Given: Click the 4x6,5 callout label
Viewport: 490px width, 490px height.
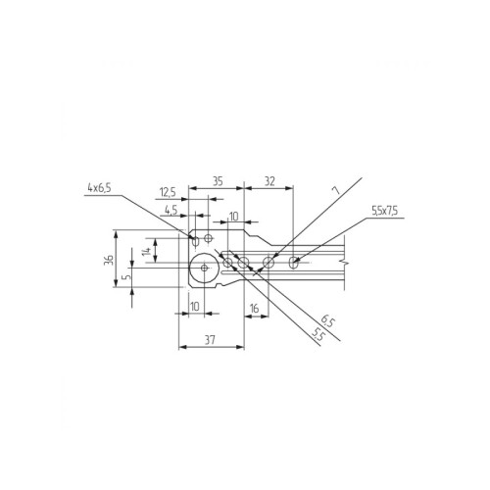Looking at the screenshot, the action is pyautogui.click(x=99, y=188).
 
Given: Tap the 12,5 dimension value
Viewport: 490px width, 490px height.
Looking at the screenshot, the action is pyautogui.click(x=168, y=192).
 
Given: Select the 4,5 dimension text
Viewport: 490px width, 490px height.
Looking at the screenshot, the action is pyautogui.click(x=171, y=210).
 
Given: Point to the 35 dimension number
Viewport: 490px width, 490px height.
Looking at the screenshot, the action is pyautogui.click(x=218, y=181).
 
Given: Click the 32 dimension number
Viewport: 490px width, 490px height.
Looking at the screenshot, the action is pyautogui.click(x=269, y=181).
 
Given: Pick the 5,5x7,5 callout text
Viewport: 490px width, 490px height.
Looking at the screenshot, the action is pyautogui.click(x=384, y=211).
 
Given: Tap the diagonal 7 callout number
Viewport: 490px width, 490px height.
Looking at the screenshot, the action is pyautogui.click(x=336, y=191).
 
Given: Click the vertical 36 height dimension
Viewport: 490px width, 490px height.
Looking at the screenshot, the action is pyautogui.click(x=109, y=260).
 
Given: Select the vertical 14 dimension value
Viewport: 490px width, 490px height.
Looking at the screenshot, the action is pyautogui.click(x=147, y=251).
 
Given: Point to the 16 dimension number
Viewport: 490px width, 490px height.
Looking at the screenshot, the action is pyautogui.click(x=254, y=308).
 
